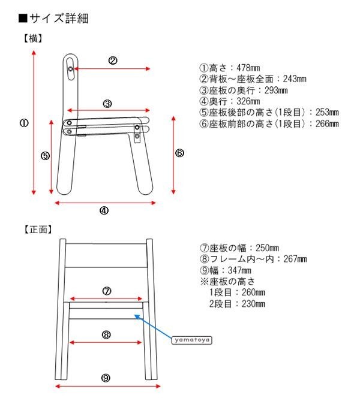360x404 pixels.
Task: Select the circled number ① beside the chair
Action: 23,123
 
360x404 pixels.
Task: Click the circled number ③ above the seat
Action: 107,103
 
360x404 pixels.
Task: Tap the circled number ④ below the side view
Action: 104,210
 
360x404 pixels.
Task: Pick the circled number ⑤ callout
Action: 45,156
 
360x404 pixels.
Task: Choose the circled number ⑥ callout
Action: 179,153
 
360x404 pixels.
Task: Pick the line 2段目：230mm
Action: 236,303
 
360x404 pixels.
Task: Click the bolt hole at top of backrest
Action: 71,70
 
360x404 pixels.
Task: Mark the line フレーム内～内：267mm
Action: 253,259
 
